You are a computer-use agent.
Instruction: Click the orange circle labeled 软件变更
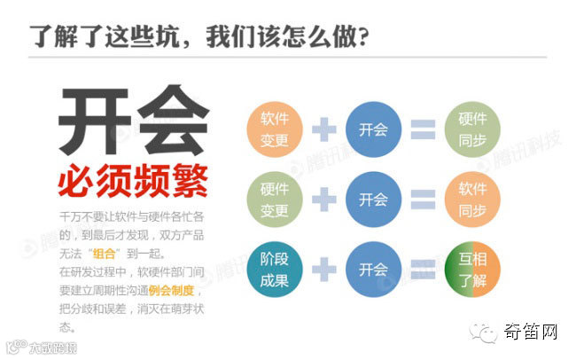275,130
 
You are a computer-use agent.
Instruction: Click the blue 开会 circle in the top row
373,130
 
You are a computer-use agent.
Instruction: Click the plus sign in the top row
324,130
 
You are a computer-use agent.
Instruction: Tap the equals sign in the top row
423,130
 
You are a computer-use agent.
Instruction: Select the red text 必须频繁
133,182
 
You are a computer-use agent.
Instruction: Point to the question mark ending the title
362,38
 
